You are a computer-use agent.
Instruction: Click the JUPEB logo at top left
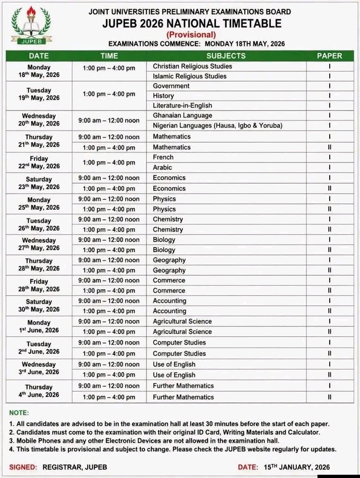[x=31, y=25]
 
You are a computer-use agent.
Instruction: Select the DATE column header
[x=39, y=55]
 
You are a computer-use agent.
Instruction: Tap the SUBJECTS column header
[x=226, y=55]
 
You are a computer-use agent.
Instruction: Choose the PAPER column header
[x=329, y=55]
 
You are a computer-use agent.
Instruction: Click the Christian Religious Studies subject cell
[x=192, y=66]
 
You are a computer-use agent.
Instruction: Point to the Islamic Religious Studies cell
[x=190, y=76]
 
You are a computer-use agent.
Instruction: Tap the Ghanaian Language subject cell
[x=182, y=115]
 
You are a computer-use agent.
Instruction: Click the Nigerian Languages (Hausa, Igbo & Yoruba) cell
[x=217, y=126]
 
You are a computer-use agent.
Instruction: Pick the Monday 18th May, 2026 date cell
[x=39, y=71]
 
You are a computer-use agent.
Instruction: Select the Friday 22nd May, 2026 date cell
[x=39, y=163]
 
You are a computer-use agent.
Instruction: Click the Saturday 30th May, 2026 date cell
[x=39, y=305]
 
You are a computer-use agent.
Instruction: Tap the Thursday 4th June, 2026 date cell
[x=39, y=391]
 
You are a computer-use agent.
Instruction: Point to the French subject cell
[x=163, y=157]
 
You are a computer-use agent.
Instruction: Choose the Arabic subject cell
[x=162, y=167]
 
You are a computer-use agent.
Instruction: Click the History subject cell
[x=163, y=96]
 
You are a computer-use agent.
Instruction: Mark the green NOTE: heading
[x=19, y=413]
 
